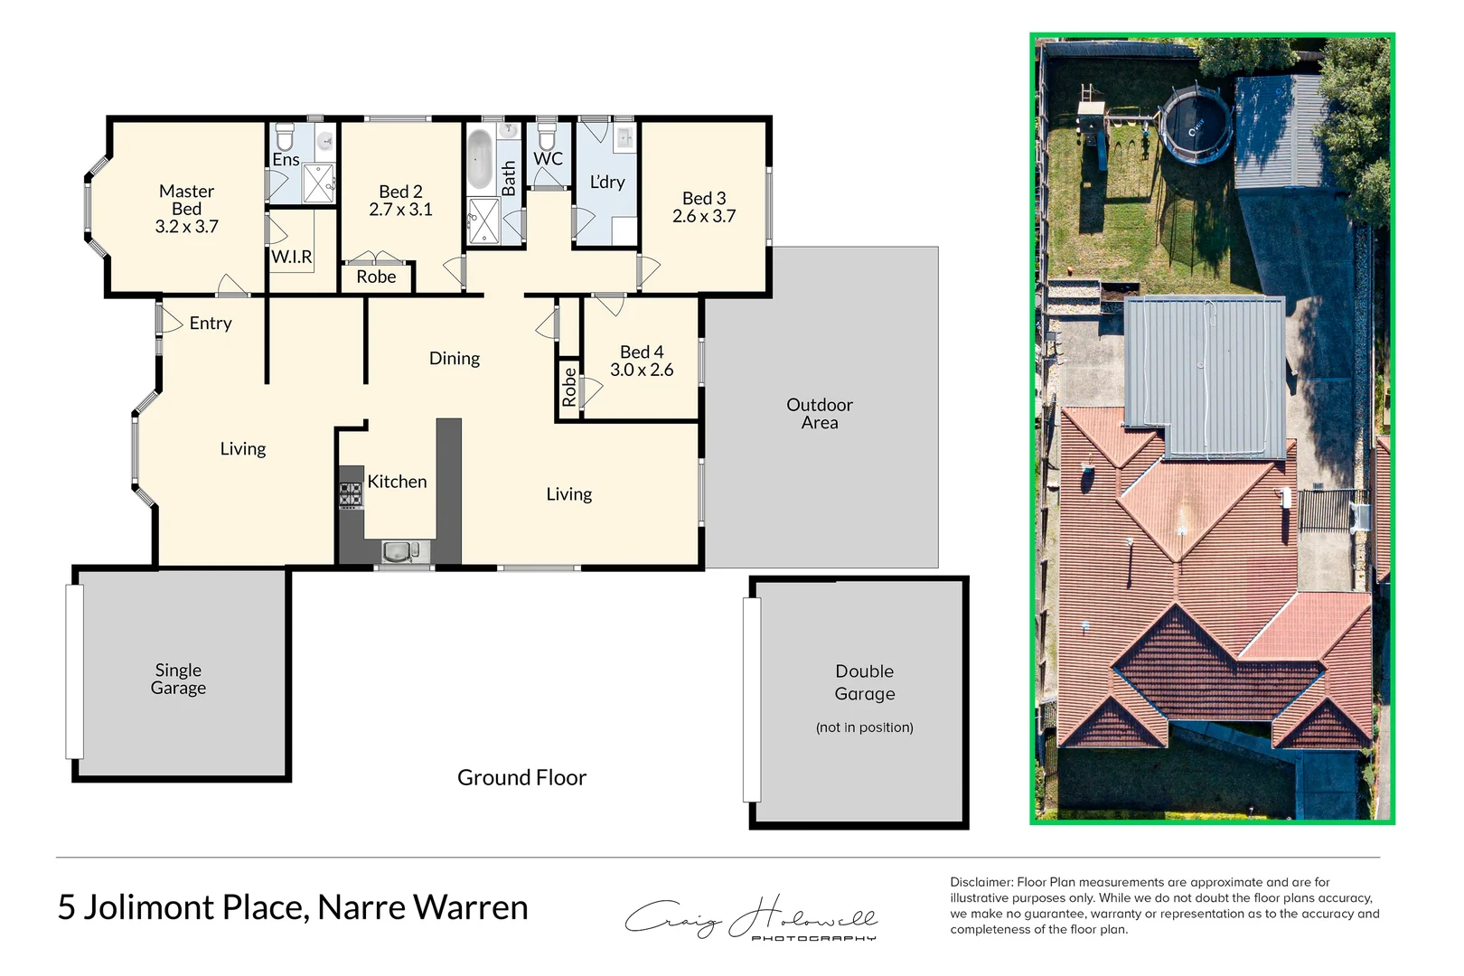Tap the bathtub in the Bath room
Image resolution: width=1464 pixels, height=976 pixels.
479,159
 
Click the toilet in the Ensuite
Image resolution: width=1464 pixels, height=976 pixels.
285,137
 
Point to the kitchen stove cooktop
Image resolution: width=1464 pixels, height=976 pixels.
351,494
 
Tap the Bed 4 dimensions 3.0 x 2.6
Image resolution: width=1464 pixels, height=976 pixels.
642,370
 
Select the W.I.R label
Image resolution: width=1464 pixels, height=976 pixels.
292,257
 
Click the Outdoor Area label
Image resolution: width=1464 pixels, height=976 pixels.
819,414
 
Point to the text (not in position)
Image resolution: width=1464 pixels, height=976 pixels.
864,727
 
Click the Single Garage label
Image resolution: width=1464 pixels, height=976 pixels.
178,679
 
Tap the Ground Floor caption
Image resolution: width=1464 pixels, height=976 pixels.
521,777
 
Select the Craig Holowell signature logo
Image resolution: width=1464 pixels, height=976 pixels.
751,918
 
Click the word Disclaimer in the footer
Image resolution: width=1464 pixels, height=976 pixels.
981,882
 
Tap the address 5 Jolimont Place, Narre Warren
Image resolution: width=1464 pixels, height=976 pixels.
293,907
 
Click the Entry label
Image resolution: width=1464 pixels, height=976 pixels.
211,324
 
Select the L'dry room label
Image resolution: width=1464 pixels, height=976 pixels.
607,182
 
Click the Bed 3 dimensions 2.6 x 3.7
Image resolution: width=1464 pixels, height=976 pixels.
704,216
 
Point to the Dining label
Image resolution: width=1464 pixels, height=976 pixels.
454,359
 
